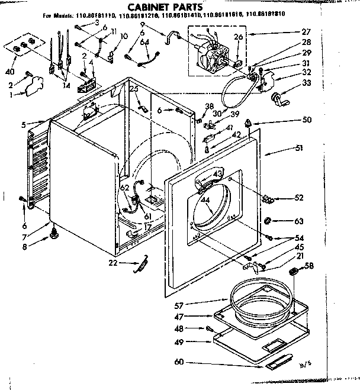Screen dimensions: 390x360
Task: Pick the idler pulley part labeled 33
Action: (x=276, y=99)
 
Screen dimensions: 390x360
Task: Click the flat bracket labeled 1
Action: (x=36, y=86)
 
